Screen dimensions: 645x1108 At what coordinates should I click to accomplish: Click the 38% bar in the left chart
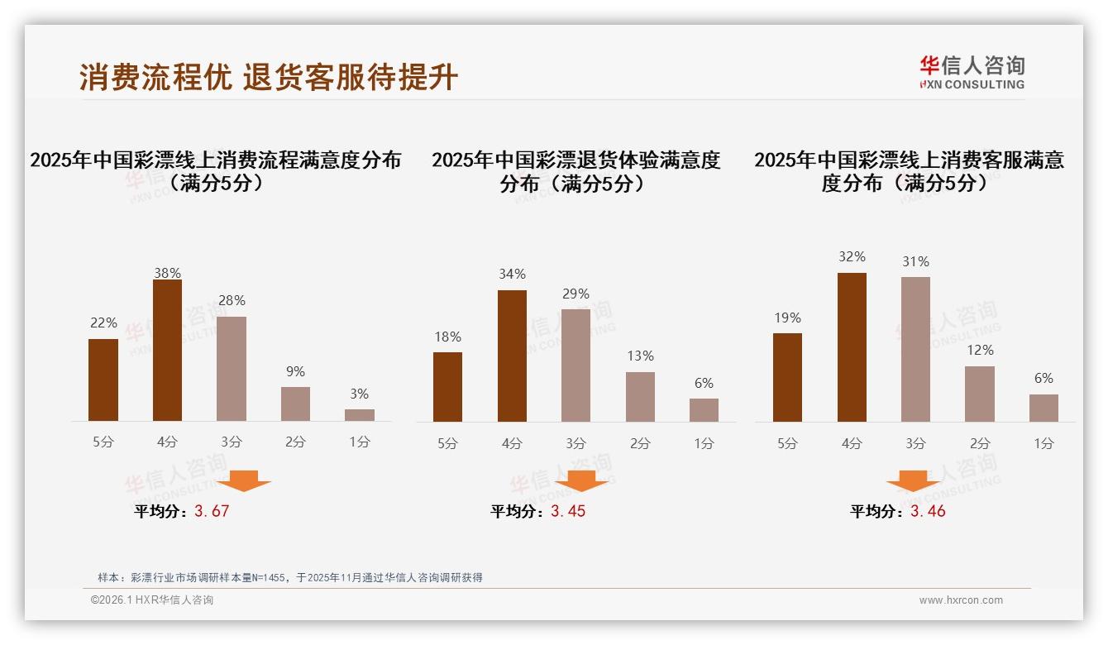click(167, 351)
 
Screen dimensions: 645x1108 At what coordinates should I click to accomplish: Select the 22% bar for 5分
click(103, 380)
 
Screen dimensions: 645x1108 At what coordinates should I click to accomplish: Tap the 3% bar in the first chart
click(360, 415)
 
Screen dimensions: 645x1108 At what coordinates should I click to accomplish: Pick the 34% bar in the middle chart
click(512, 356)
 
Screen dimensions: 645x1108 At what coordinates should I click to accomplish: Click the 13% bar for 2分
click(640, 397)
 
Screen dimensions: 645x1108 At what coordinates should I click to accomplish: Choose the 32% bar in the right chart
click(852, 347)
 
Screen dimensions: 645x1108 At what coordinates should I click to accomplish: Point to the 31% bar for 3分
click(915, 349)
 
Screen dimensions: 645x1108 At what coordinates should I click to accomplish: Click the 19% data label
click(788, 318)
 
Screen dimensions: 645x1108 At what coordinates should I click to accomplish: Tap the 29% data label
click(575, 294)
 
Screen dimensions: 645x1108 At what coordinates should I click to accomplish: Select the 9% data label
click(295, 372)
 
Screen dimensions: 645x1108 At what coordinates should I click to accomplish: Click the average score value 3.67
click(212, 511)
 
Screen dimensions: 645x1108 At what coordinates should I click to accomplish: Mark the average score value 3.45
click(568, 511)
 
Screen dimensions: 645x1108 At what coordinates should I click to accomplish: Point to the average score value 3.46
click(928, 511)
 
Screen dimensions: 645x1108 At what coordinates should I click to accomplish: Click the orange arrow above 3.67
click(244, 480)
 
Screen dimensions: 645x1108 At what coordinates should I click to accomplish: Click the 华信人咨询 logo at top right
click(972, 72)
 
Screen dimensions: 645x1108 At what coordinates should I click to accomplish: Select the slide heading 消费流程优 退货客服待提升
click(269, 77)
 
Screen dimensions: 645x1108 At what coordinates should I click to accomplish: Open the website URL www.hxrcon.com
click(961, 600)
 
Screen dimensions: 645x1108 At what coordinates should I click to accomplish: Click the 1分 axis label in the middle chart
click(704, 443)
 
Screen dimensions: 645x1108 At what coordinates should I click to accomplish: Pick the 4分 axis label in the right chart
click(852, 443)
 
